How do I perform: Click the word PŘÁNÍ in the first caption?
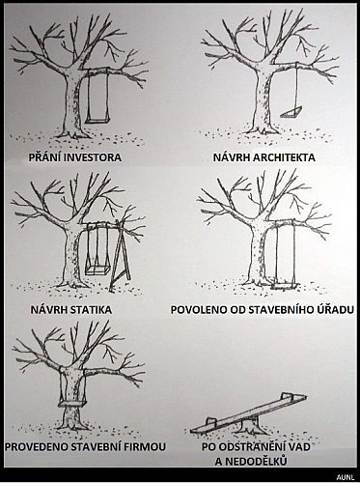point(44,156)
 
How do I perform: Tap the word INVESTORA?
point(93,157)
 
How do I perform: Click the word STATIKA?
point(91,310)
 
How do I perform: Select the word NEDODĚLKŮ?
point(256,461)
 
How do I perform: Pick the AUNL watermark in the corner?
point(346,477)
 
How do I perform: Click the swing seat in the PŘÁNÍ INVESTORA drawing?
point(97,121)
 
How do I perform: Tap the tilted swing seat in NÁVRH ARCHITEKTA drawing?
point(291,113)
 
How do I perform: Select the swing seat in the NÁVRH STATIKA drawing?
point(97,270)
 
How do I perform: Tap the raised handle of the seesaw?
point(287,396)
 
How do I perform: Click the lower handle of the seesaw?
point(210,421)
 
